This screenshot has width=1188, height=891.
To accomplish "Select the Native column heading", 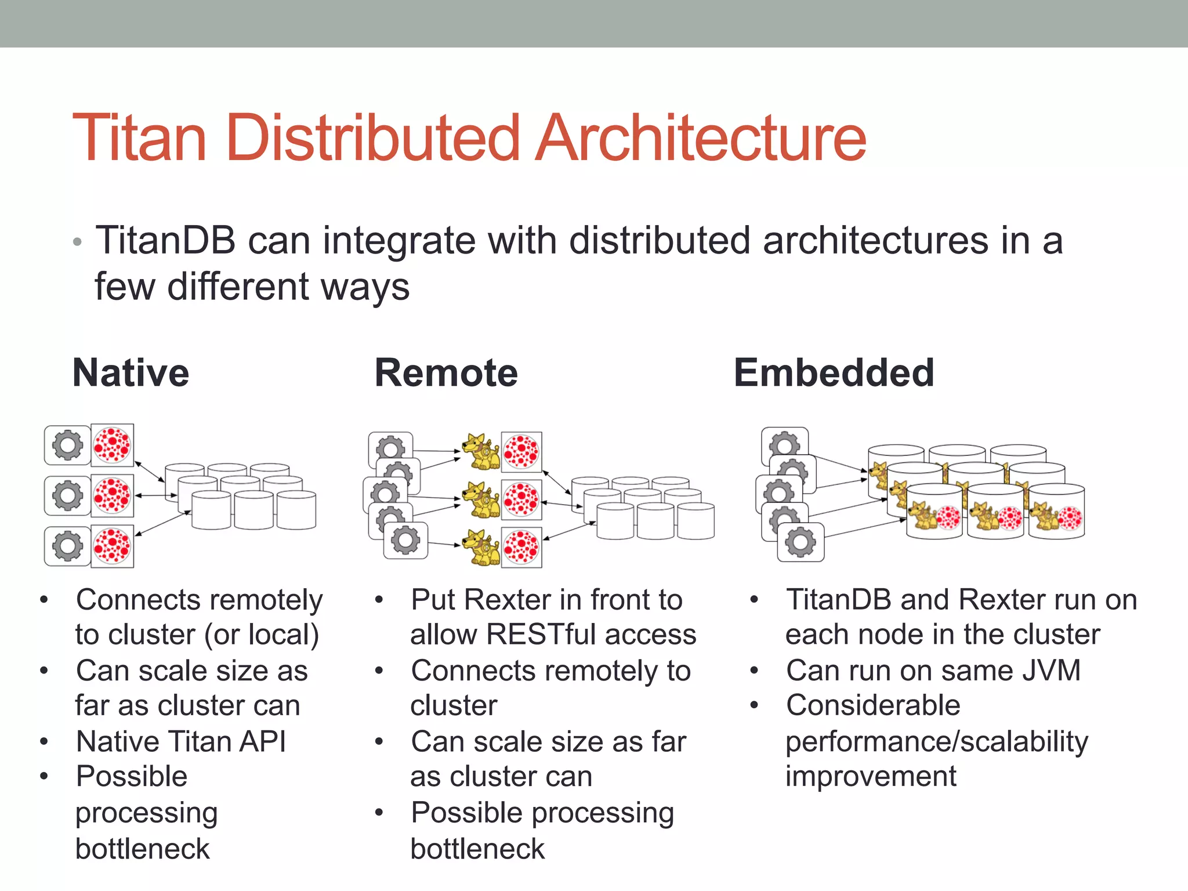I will (131, 373).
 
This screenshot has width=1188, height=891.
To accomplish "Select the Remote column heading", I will (445, 373).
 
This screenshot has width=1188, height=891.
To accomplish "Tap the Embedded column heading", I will (834, 373).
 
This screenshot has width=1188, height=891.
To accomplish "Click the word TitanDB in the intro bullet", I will (165, 241).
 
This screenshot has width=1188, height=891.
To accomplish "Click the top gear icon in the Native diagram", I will (68, 445).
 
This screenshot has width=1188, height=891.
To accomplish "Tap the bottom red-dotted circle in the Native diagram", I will (112, 546).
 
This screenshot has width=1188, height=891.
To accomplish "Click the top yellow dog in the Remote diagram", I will (481, 452).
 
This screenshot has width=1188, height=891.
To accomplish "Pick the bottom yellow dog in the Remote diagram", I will (481, 547).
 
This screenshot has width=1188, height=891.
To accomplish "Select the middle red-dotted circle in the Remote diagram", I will (521, 499).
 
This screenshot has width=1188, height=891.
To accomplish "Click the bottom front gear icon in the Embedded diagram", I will (801, 542).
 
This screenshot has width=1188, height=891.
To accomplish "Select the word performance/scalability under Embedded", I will (936, 742).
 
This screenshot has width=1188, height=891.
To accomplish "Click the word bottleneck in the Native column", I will (142, 849).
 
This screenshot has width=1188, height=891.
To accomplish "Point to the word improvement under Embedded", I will (871, 777).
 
